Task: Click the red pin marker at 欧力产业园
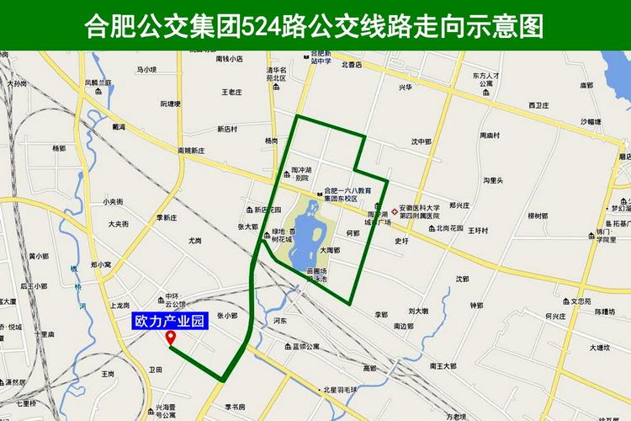point(172,338)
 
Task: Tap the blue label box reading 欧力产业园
point(171,322)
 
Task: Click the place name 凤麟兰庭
point(98,83)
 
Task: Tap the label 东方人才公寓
point(486,80)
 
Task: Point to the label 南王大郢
point(443,365)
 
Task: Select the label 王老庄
point(232,92)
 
